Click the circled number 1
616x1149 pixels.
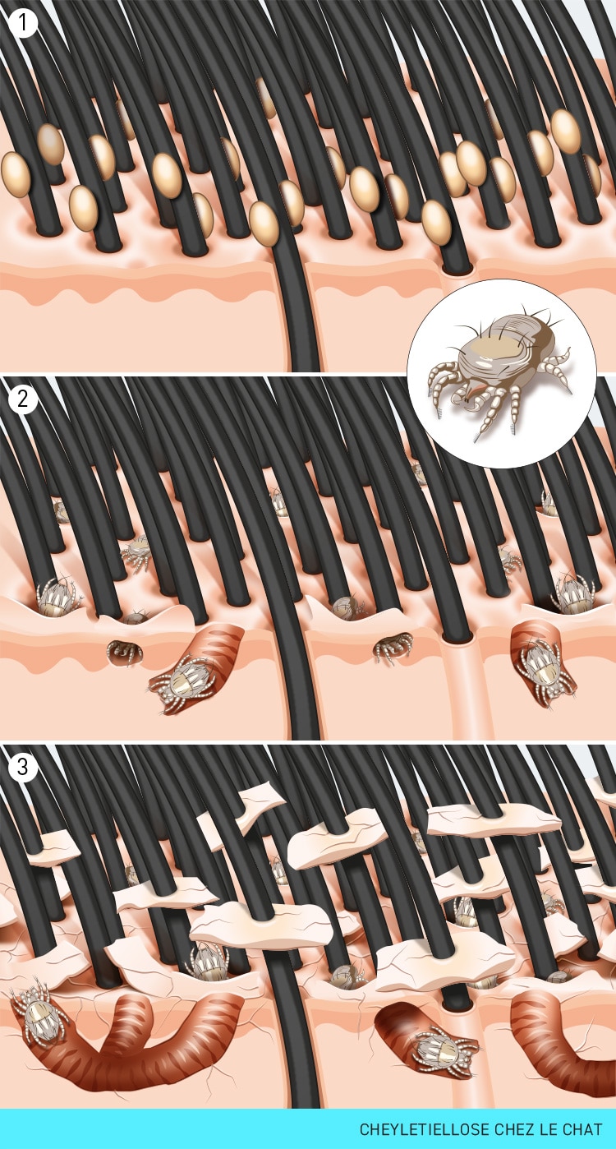(x=22, y=23)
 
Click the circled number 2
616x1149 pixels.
(x=22, y=399)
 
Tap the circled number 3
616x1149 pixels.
(x=22, y=767)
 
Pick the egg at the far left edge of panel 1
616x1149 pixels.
(x=16, y=174)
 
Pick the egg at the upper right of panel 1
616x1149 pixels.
(x=566, y=132)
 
